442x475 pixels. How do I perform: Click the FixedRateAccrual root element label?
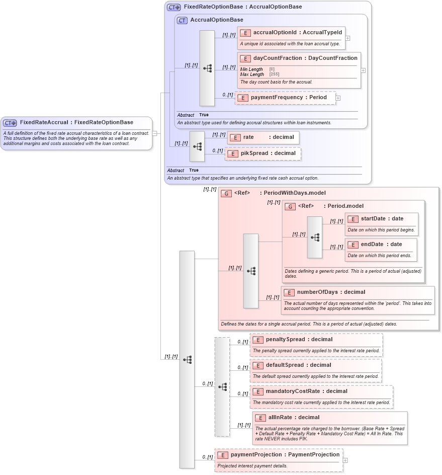[x=76, y=122]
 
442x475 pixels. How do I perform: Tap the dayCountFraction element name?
[x=305, y=58]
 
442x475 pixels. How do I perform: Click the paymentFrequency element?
[x=285, y=98]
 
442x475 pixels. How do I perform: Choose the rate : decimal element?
[x=263, y=137]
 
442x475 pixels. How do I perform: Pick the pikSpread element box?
[x=263, y=153]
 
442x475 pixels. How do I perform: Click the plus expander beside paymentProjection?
[x=345, y=460]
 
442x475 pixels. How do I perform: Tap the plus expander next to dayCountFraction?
[x=363, y=70]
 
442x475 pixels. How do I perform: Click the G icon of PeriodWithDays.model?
[x=226, y=193]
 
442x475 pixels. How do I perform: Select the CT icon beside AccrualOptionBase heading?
[x=182, y=20]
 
